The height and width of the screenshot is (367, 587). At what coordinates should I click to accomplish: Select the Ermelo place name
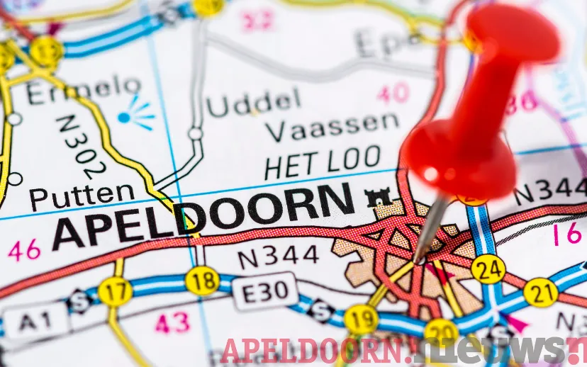(83, 91)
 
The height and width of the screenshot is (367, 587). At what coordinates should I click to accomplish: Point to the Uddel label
(252, 104)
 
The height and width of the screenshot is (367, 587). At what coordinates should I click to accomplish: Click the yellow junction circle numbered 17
(115, 291)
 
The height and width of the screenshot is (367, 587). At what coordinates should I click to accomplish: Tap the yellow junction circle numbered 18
(202, 281)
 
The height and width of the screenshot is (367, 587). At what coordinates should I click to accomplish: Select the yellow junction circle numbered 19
(361, 319)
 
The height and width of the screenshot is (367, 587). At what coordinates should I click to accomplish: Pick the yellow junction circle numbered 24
(488, 269)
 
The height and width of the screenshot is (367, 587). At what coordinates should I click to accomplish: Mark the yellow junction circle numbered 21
(540, 292)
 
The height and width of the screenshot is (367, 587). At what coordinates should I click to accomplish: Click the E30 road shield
(265, 290)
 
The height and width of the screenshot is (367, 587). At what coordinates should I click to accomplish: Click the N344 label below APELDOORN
(278, 256)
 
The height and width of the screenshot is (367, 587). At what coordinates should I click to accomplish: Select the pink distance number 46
(24, 249)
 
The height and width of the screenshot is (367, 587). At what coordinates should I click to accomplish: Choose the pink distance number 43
(172, 323)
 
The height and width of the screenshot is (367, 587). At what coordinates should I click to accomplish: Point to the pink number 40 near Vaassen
(393, 93)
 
